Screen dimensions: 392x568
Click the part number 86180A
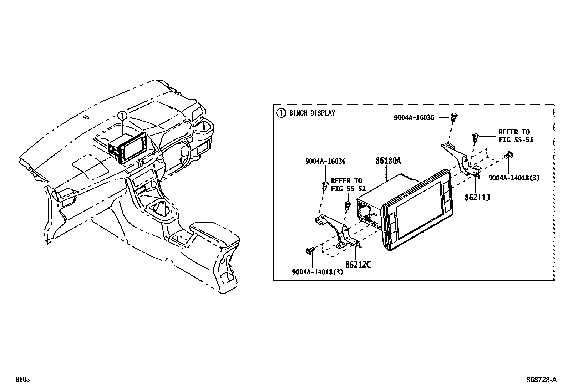tap(388, 161)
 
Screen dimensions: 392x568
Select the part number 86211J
tap(477, 197)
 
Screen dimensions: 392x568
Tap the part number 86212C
tap(358, 265)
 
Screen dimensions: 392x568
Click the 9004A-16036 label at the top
tap(414, 117)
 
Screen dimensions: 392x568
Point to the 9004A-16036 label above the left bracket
tap(325, 161)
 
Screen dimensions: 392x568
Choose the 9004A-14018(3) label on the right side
tap(514, 178)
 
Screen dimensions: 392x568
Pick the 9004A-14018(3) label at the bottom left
tap(317, 272)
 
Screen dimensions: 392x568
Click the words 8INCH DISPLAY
tap(312, 113)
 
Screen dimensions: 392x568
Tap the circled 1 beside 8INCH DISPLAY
tap(281, 113)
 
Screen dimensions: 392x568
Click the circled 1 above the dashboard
tap(122, 116)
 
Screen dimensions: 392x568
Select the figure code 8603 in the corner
tap(22, 380)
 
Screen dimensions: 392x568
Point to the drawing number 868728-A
tap(541, 380)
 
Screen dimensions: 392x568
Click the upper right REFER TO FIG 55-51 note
tap(516, 136)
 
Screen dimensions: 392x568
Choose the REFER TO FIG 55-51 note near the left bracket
tap(346, 185)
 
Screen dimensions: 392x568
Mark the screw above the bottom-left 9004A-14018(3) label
tap(310, 251)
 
